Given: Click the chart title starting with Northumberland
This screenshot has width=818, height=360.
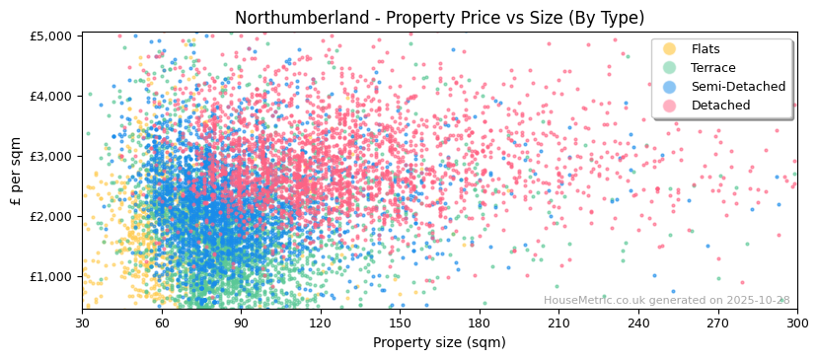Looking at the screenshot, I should point(439,18).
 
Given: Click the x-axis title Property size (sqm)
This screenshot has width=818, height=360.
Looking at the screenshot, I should point(439,342).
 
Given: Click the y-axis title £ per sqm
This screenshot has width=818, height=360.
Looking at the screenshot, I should point(16,172).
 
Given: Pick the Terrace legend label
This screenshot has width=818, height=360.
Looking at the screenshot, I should point(713,68).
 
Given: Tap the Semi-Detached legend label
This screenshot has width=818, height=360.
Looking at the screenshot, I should point(738,87).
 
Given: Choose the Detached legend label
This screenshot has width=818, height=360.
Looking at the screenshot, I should point(720,106).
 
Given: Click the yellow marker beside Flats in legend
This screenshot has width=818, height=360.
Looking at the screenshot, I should point(670,49).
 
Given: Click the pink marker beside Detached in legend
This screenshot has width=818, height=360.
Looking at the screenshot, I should point(670,106).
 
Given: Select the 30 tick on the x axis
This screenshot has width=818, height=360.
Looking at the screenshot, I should point(82,323).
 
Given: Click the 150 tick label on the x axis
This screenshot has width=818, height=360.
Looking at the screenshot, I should point(400,323).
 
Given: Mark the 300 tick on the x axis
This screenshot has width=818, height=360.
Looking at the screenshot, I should point(797,323).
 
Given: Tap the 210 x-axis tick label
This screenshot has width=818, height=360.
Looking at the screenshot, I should point(558,323).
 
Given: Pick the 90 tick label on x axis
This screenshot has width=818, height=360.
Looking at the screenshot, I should point(241,323).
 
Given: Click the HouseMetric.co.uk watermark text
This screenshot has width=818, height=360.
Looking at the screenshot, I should point(666,301).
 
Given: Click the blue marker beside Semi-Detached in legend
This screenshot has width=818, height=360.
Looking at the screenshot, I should point(670,87).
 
